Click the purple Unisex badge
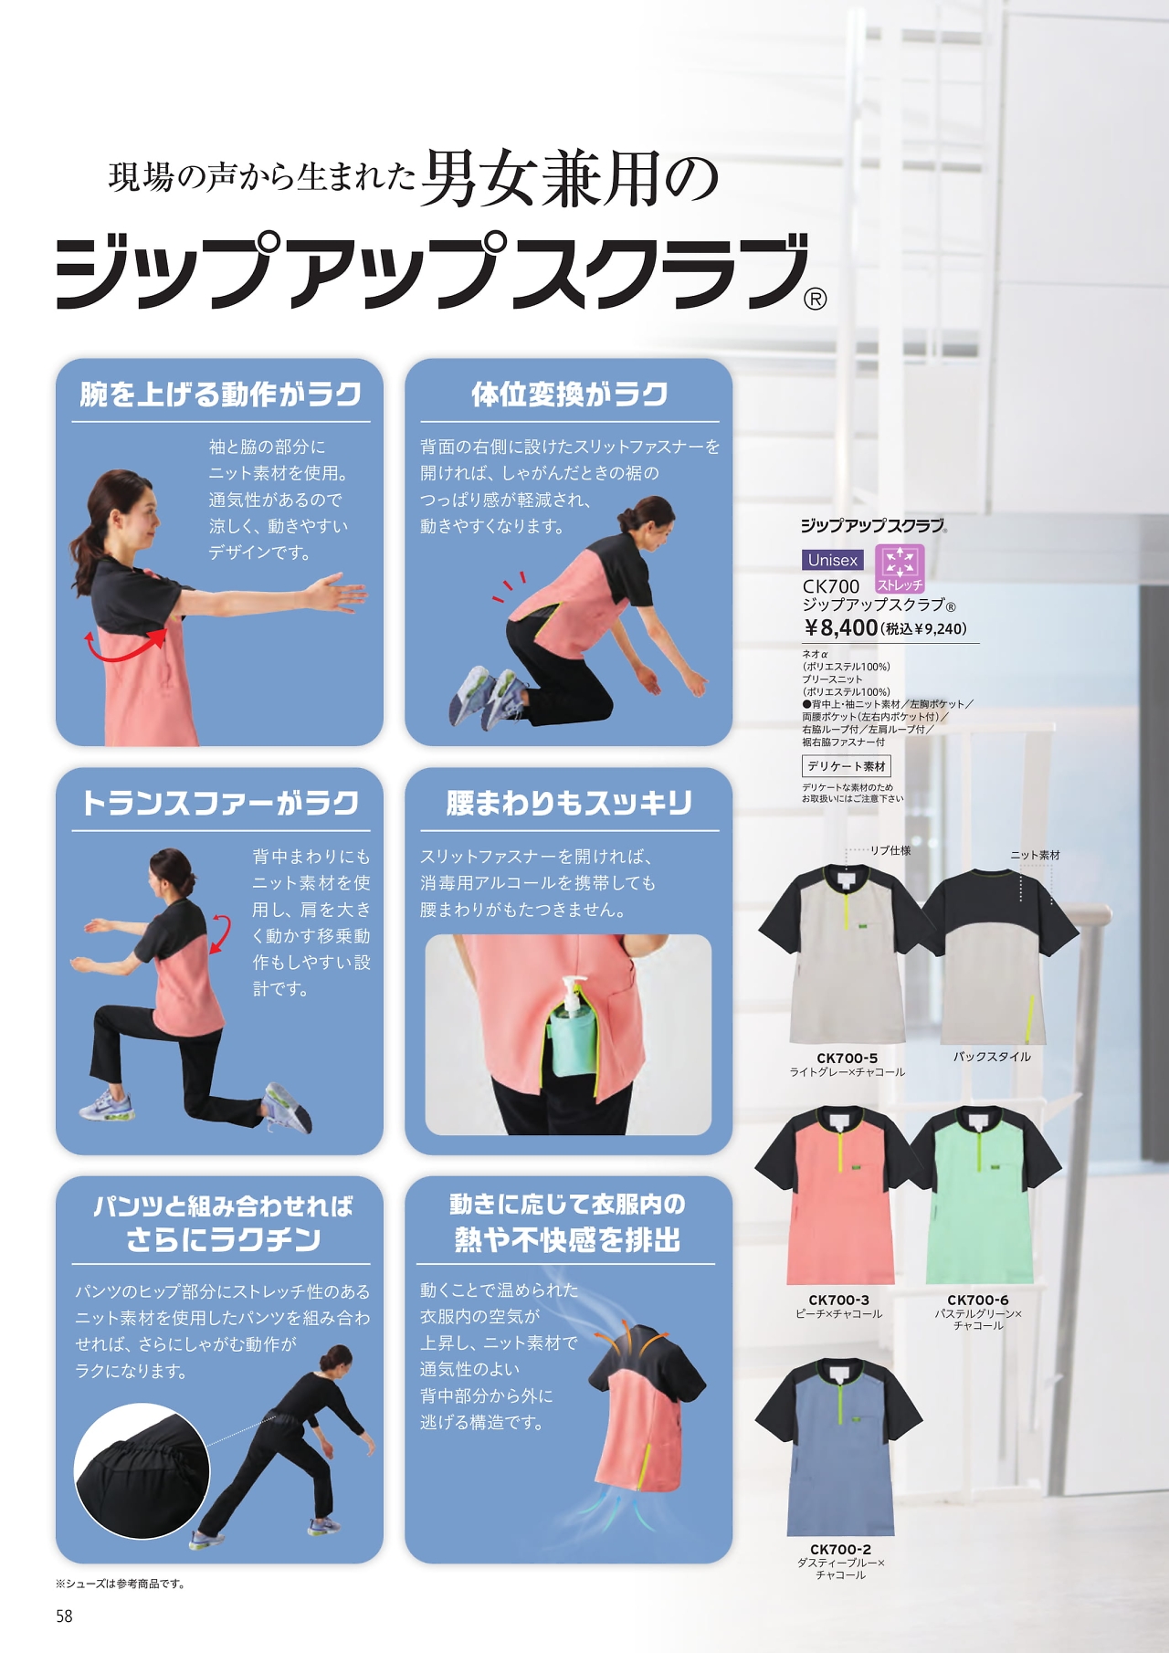click(833, 560)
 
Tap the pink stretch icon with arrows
click(900, 568)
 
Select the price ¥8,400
click(841, 627)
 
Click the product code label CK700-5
click(848, 1058)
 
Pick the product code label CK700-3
click(838, 1300)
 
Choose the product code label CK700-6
click(978, 1300)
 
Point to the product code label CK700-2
click(840, 1549)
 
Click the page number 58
click(64, 1616)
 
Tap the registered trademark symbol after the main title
click(816, 299)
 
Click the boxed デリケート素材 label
click(847, 766)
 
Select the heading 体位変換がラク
click(569, 395)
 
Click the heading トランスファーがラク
click(220, 804)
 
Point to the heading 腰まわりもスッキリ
click(569, 804)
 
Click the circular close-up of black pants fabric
click(142, 1472)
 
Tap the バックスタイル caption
click(992, 1057)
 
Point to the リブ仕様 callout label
click(890, 850)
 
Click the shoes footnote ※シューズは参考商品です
click(121, 1584)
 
